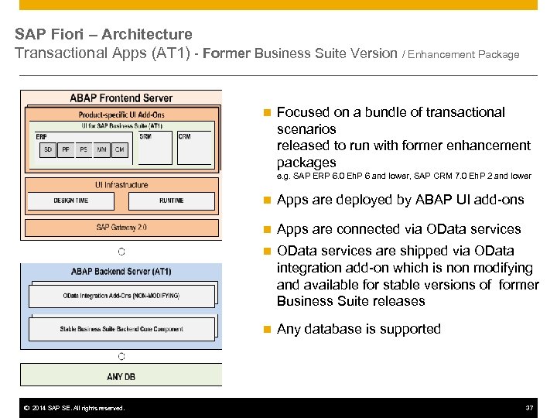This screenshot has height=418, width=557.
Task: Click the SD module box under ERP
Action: click(x=48, y=149)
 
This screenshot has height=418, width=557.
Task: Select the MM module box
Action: click(x=101, y=149)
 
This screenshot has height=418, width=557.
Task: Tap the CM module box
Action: click(x=119, y=149)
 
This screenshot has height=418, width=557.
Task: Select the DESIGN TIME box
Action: click(x=70, y=200)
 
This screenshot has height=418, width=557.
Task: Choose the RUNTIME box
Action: click(x=171, y=200)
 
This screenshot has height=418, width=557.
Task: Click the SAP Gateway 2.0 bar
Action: click(x=122, y=228)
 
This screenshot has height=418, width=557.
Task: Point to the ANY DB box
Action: click(x=121, y=377)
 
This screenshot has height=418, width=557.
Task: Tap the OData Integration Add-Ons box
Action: click(x=121, y=296)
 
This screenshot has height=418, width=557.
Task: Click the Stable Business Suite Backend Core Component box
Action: click(x=121, y=329)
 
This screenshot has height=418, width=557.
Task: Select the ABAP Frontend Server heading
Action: click(x=121, y=98)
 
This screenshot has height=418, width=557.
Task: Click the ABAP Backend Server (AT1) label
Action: click(x=121, y=271)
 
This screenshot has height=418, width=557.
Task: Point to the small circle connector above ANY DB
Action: click(x=121, y=357)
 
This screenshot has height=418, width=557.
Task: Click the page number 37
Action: click(x=529, y=408)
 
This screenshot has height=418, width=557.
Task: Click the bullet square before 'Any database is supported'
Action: click(x=266, y=330)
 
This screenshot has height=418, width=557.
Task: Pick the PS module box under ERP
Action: click(x=84, y=149)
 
